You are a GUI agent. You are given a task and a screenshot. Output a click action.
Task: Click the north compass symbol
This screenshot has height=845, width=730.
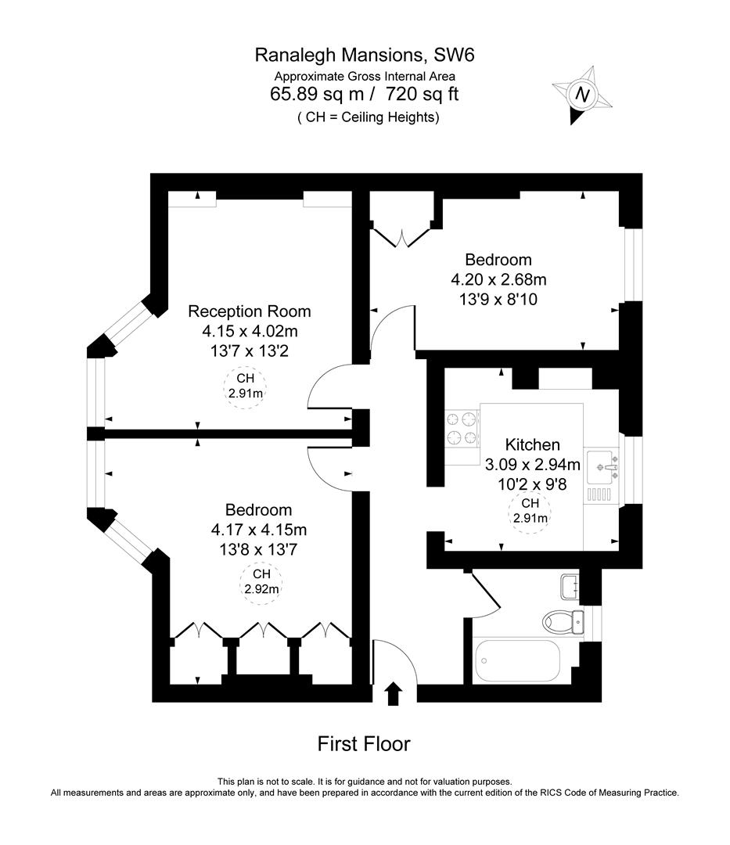[582, 95]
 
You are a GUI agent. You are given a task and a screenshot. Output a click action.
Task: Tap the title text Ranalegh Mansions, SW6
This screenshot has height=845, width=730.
[365, 55]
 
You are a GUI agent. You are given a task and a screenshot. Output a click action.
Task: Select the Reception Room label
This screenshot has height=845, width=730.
[249, 311]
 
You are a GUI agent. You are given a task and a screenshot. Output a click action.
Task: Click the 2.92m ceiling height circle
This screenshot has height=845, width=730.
[261, 582]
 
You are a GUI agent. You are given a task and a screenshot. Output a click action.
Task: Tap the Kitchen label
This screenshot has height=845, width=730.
[532, 444]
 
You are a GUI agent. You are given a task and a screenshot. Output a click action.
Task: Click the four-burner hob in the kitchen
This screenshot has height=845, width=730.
[462, 428]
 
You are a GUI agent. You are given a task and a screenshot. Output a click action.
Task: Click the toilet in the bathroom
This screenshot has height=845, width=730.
[562, 621]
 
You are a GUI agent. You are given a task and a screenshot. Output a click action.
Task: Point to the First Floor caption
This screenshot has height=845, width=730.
[364, 743]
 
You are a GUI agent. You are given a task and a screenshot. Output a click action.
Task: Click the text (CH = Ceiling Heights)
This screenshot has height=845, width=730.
[368, 117]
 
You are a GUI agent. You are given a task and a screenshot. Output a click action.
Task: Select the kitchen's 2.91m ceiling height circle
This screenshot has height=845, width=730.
[530, 511]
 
